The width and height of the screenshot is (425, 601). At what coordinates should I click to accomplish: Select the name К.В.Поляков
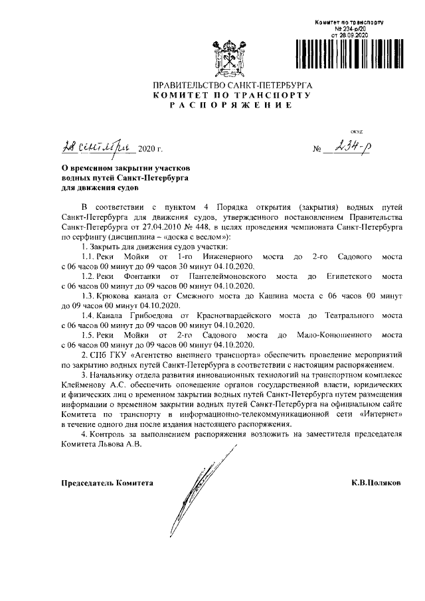click(x=377, y=483)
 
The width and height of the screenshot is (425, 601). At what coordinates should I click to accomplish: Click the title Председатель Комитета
click(x=107, y=483)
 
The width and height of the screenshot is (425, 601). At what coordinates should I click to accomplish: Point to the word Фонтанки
click(x=131, y=274)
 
